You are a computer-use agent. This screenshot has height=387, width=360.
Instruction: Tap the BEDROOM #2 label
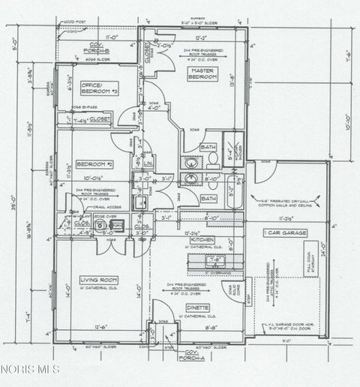tap(97, 163)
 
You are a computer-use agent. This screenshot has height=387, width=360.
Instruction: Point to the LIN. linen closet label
tap(148, 163)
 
